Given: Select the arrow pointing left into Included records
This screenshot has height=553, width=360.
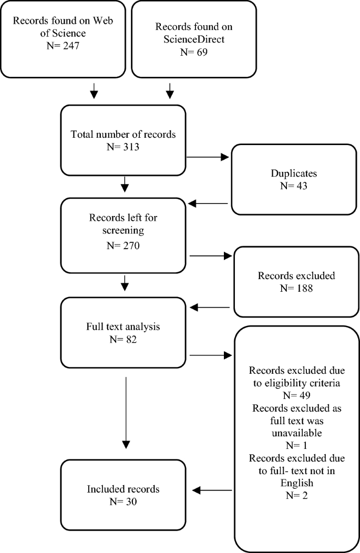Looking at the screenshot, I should [212, 490].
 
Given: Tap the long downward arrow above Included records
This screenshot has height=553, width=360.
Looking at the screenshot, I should [126, 410].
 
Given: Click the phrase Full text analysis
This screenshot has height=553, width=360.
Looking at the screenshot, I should [123, 326].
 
